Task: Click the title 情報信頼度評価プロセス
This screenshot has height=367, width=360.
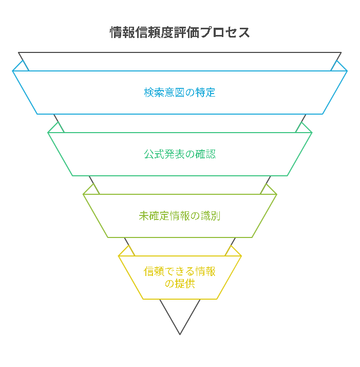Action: (x=180, y=32)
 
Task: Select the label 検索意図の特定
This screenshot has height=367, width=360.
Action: (x=180, y=93)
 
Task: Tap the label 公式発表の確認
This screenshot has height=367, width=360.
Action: (x=180, y=154)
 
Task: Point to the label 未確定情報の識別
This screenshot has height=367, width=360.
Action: (x=180, y=216)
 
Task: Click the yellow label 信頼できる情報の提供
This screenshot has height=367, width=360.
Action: (x=180, y=278)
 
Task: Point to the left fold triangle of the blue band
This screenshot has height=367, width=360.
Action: (x=22, y=67)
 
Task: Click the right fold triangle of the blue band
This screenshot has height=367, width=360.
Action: (x=338, y=67)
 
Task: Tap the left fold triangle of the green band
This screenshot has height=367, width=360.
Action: (x=55, y=128)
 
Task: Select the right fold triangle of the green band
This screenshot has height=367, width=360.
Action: (x=304, y=128)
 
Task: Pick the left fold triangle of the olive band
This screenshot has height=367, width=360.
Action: (x=91, y=190)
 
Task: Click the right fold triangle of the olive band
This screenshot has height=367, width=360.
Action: (x=268, y=190)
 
